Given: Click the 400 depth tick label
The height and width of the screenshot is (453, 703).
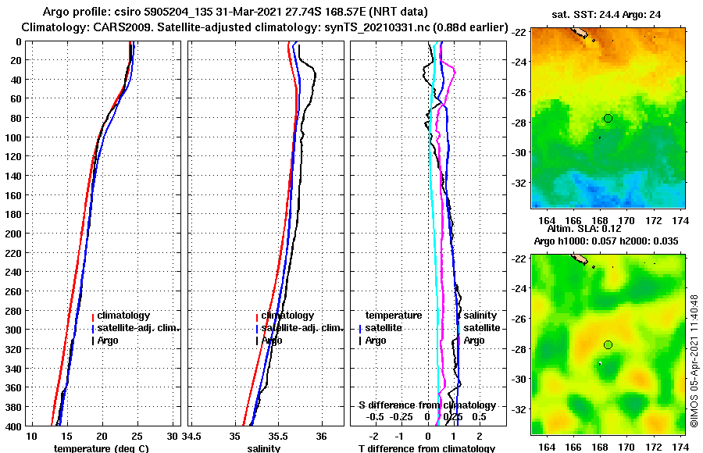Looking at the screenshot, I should pos(13,426).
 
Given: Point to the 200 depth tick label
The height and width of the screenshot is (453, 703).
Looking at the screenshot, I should pos(13,234).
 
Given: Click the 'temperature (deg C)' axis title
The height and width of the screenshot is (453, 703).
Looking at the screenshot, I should pos(102,448).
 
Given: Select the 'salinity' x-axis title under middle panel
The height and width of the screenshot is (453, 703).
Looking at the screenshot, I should pos(263,448).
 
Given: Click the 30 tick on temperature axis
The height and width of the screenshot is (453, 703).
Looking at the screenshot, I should pos(173,436).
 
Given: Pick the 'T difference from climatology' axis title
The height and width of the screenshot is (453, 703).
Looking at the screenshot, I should pos(426,448).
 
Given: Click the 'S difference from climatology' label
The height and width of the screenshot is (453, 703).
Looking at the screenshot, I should pos(426,405).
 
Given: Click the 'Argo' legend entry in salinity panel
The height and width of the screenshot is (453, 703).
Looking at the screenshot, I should pos(272,341).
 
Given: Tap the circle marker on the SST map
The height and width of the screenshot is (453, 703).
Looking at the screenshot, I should pos(608,118).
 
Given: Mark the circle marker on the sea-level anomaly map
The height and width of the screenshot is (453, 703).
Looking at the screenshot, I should pos(608,344).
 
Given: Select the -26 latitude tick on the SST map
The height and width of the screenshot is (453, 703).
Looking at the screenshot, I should pos(518,93).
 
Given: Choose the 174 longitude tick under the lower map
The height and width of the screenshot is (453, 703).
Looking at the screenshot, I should pos(680,447).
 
